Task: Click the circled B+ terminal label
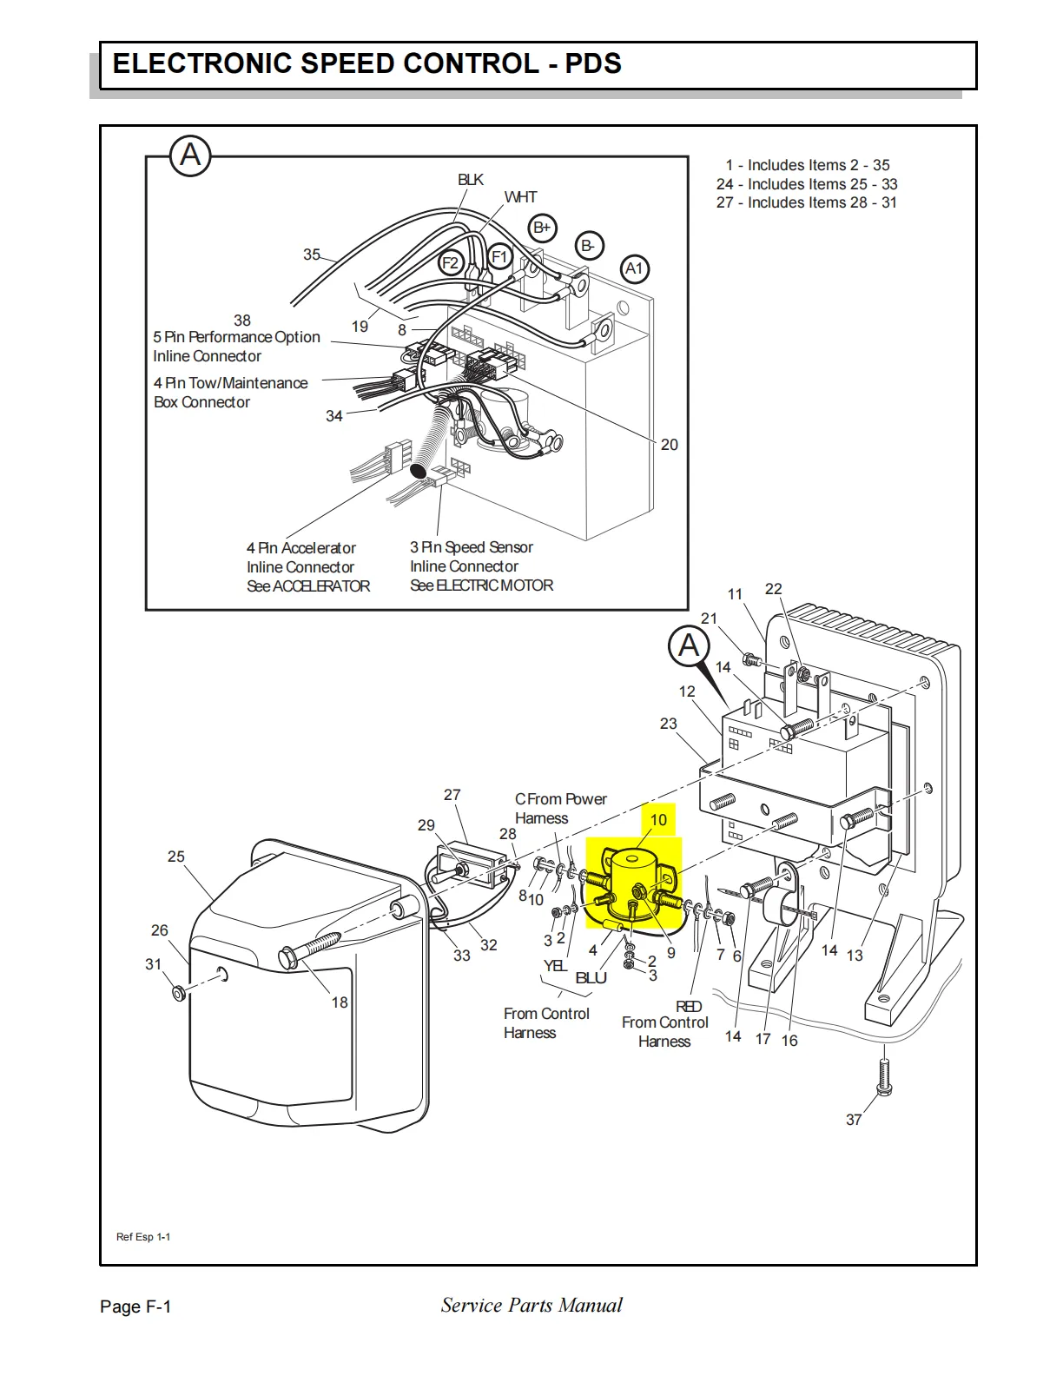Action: point(542,228)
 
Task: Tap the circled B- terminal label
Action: point(589,246)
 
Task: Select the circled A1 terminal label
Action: point(634,268)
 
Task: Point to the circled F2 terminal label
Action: point(450,262)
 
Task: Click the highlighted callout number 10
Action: point(658,820)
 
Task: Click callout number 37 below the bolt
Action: point(854,1120)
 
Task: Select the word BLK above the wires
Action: point(471,180)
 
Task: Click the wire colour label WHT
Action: point(520,197)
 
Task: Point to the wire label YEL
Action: point(555,966)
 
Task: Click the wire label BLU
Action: point(591,978)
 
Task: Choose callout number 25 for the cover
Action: point(176,857)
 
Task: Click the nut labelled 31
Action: point(179,991)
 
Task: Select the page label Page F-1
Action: point(135,1307)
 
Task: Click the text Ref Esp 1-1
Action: point(143,1237)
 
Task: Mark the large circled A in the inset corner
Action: point(190,156)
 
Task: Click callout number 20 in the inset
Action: point(669,445)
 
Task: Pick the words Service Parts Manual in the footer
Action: point(531,1305)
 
